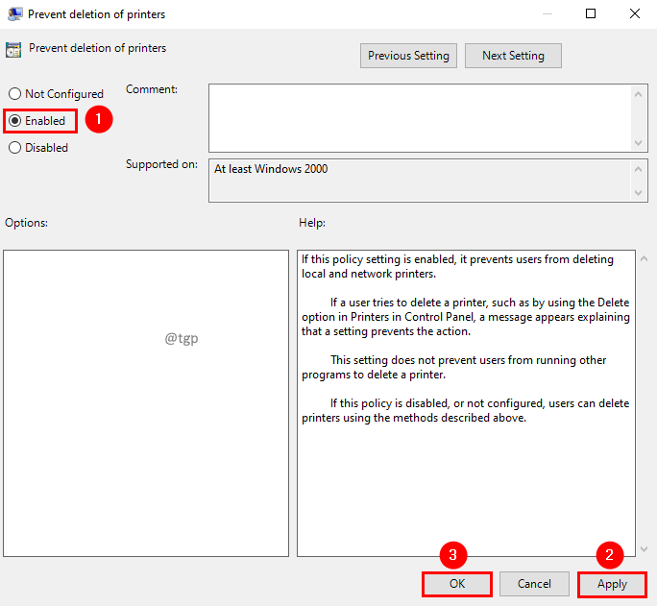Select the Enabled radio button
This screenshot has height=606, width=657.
(15, 121)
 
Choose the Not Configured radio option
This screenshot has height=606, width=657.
(15, 94)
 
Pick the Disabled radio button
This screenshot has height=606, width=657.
(15, 148)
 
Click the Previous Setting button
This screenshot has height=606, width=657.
(408, 56)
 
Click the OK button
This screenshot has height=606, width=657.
(456, 584)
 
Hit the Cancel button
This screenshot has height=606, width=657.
(534, 584)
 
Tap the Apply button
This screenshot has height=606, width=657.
(612, 584)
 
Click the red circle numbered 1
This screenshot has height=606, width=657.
(99, 120)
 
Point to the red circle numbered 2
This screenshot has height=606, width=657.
(610, 554)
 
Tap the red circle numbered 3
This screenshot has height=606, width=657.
(453, 554)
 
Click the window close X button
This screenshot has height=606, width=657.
(634, 13)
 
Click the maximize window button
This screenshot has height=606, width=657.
(591, 13)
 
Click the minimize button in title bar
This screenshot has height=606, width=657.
(547, 13)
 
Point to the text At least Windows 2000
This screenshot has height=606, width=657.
(271, 169)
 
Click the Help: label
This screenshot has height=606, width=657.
(312, 223)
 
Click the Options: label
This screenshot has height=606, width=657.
(26, 223)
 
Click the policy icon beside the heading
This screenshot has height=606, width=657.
(14, 50)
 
